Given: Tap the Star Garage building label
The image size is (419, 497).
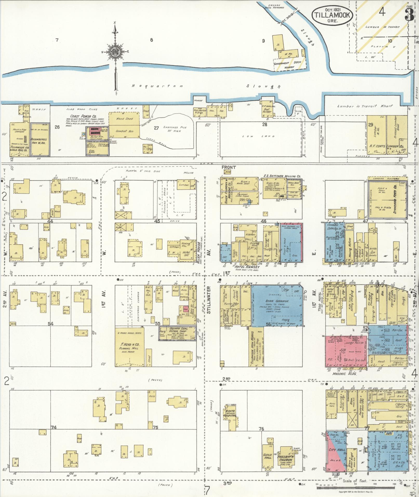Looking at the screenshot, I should (277, 301).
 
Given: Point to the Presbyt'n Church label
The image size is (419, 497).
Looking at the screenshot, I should (286, 458).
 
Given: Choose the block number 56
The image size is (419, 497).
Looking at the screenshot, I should (268, 324).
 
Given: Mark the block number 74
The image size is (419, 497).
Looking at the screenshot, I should (54, 427).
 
